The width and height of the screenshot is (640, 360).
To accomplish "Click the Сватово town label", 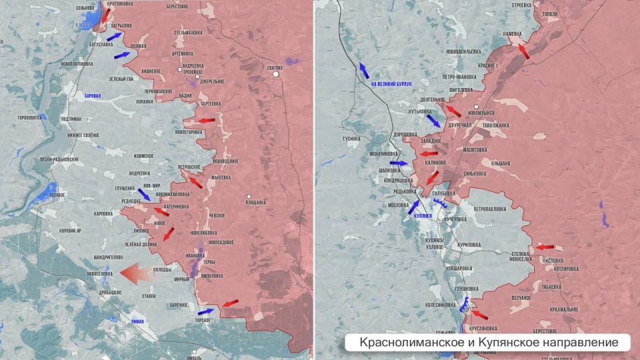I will coord(275,68).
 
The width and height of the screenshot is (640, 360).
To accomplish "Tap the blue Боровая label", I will coord(93,96).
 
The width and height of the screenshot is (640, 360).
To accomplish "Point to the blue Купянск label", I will coord(423,217).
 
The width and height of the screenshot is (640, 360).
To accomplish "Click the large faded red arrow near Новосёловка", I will coord(139,273).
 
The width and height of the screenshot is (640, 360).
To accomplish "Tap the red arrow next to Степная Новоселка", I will coord(545,247).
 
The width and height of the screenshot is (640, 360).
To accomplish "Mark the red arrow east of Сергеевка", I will coord(206,121).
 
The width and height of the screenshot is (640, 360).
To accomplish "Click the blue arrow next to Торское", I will coord(206,310).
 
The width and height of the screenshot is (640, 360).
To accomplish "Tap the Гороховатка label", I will coord(29,117).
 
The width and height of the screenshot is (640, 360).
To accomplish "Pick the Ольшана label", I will coord(500,163).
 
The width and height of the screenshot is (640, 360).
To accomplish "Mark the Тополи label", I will coord(550,13).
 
